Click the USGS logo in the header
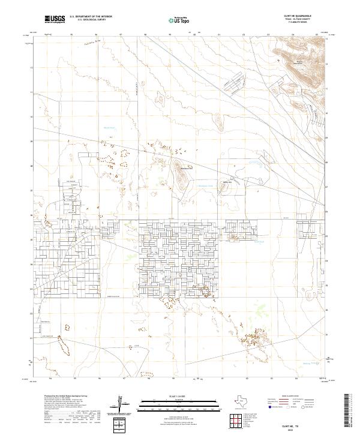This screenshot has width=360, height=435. pos(56,20)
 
